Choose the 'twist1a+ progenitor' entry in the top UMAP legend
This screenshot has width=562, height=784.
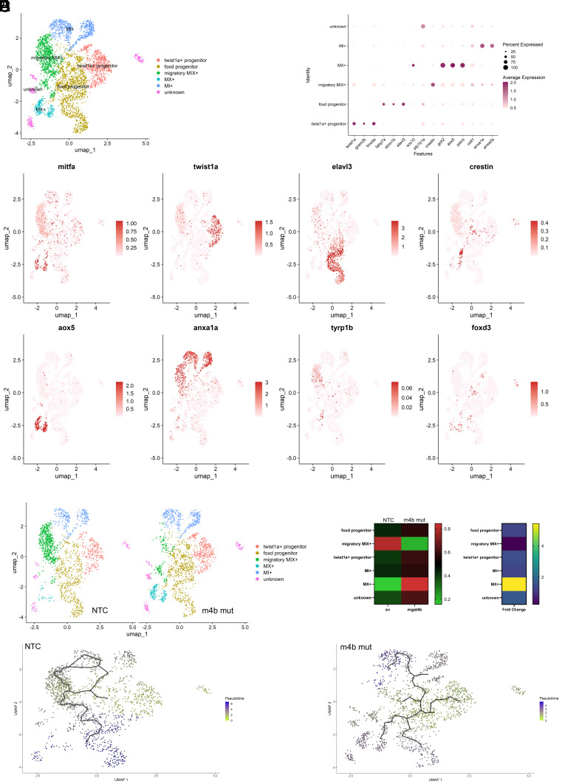(x=191, y=58)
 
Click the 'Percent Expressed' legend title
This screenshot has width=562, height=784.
(x=521, y=45)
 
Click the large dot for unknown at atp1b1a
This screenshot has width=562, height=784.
(x=422, y=27)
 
